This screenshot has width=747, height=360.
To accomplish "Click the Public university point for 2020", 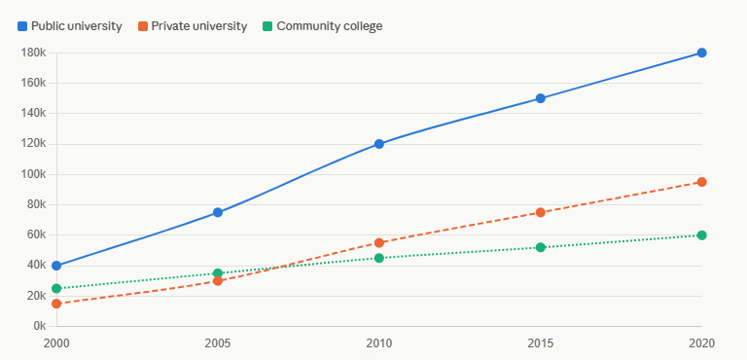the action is (x=701, y=53).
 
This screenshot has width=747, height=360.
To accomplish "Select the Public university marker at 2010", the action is (x=379, y=144).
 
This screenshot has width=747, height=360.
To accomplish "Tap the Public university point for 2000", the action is (x=56, y=266).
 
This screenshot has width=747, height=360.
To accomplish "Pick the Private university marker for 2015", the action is (x=540, y=212).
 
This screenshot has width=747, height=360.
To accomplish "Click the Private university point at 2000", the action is (x=56, y=304).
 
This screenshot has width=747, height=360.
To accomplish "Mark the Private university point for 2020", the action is (x=701, y=182).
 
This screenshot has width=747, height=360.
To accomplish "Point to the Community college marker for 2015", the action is (x=540, y=247).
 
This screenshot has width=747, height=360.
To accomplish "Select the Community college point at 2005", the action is (x=218, y=273).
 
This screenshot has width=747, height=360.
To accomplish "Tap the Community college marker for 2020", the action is (x=701, y=235).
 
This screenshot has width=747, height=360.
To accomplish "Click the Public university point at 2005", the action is (x=218, y=212).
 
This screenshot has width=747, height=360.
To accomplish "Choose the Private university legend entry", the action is (x=193, y=26).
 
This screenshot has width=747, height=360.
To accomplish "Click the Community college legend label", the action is (x=329, y=26).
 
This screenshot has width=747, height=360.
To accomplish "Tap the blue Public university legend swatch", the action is (x=22, y=26).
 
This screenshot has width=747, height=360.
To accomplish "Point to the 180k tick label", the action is (x=33, y=53).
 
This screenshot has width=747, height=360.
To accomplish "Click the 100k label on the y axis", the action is (x=33, y=174).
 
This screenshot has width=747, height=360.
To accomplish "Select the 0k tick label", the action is (x=39, y=326).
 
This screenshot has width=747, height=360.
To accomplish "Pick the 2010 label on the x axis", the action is (x=379, y=342).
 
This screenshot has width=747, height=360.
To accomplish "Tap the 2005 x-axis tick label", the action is (x=218, y=342).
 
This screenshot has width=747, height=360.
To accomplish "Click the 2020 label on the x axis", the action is (x=701, y=342).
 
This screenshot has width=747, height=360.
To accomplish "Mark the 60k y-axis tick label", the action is (x=36, y=235).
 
